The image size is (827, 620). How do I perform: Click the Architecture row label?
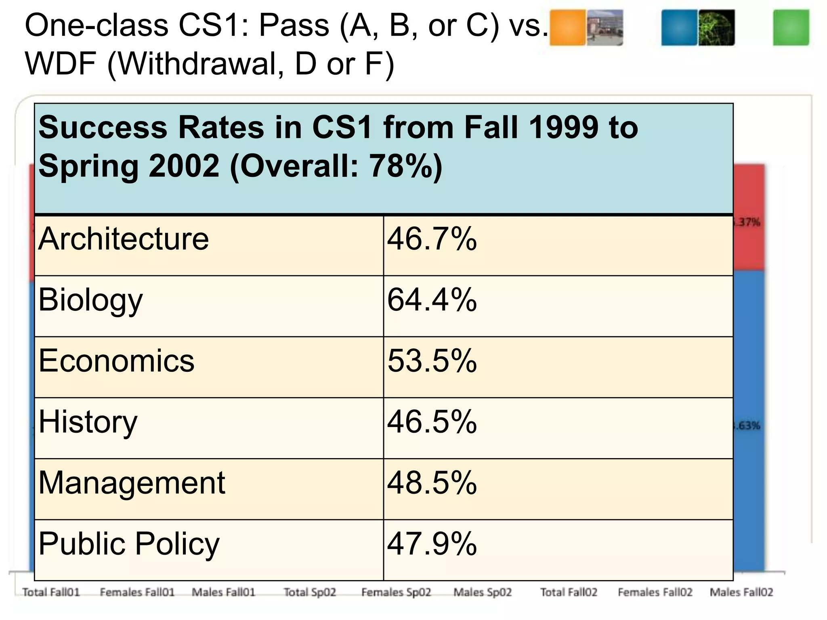tap(124, 239)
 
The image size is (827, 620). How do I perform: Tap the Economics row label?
tap(116, 361)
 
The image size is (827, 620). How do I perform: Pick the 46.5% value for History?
tap(432, 422)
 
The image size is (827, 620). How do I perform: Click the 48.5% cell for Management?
tap(432, 483)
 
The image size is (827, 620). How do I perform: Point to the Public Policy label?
tap(129, 544)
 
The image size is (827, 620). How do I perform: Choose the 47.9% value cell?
tap(432, 544)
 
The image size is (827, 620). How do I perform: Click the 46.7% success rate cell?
tap(432, 239)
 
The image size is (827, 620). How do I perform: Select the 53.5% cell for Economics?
tap(432, 361)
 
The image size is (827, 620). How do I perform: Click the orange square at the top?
tap(567, 27)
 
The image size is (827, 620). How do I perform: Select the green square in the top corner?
tap(791, 27)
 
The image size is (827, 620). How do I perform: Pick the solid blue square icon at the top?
tap(679, 27)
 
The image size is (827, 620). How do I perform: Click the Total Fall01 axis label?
tap(51, 592)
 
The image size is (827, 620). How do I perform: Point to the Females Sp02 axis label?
tap(396, 592)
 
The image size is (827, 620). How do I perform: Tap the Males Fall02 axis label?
tap(741, 592)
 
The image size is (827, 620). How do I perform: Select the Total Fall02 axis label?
tap(569, 592)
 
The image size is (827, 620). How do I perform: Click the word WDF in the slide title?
tap(61, 64)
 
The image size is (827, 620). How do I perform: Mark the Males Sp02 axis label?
tap(483, 592)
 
